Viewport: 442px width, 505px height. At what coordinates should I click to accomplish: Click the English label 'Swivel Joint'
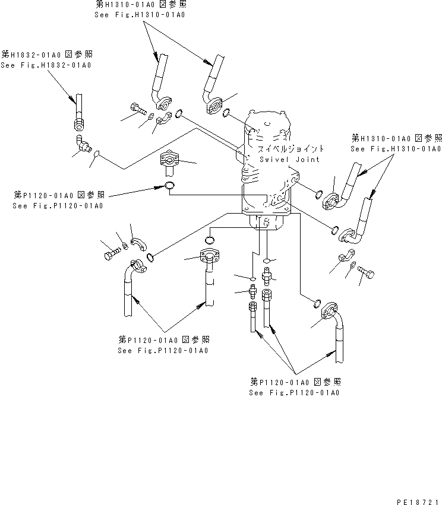tap(289, 159)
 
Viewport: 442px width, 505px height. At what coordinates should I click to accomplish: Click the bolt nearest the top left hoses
tap(137, 109)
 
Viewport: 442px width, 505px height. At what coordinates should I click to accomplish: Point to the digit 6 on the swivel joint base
tap(267, 224)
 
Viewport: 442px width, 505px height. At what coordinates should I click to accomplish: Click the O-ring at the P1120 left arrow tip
tap(169, 188)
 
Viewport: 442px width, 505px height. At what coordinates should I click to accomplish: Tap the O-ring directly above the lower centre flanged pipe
tap(209, 240)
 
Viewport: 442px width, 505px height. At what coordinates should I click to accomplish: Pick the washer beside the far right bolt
tap(353, 266)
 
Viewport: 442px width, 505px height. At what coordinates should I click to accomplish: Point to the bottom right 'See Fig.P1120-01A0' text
tap(295, 393)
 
